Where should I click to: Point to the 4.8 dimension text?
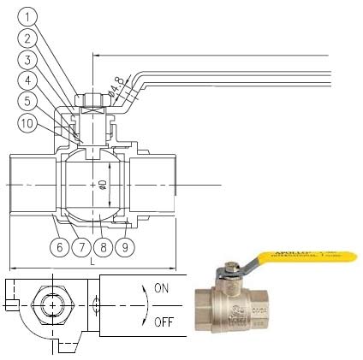[x=119, y=88]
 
